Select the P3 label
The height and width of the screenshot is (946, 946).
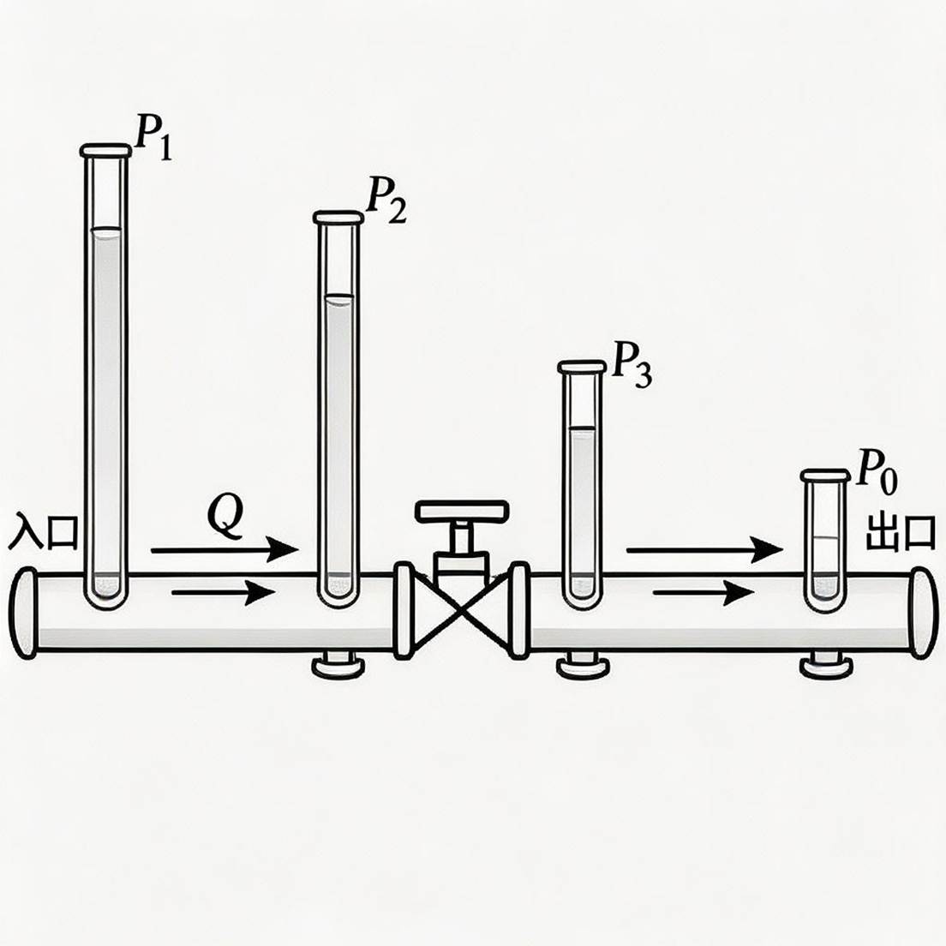pyautogui.click(x=632, y=364)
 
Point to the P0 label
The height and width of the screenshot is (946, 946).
pyautogui.click(x=877, y=472)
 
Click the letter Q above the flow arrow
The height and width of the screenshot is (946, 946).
pyautogui.click(x=225, y=517)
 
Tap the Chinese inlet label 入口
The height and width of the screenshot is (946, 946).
pyautogui.click(x=43, y=531)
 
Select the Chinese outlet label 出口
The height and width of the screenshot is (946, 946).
pyautogui.click(x=900, y=532)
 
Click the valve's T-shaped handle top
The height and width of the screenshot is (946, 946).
pyautogui.click(x=462, y=511)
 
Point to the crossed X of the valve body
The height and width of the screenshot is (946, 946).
pyautogui.click(x=462, y=611)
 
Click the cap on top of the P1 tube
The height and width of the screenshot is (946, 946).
pyautogui.click(x=106, y=150)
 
